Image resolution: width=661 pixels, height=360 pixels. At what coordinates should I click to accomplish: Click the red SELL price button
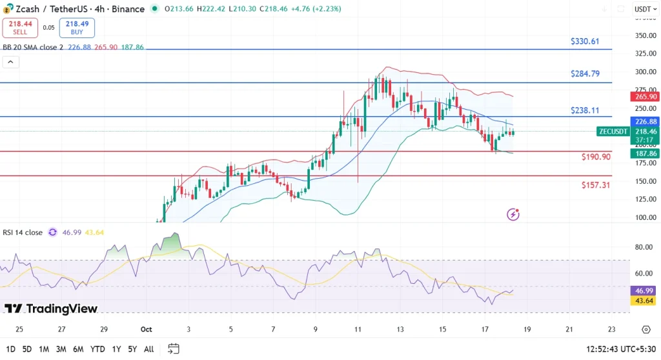click(20, 27)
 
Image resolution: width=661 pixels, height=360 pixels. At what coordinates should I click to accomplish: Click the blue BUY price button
click(77, 27)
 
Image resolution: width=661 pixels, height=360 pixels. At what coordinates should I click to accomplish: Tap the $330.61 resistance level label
click(585, 41)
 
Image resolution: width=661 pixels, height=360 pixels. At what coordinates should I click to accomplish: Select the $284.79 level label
click(585, 74)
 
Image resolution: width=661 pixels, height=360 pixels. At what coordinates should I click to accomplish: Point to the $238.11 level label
click(585, 110)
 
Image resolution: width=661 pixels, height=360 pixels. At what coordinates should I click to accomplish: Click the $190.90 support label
click(595, 157)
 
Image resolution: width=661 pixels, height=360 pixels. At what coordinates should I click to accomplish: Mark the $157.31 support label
click(595, 185)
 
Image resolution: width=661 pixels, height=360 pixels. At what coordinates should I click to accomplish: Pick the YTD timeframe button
click(97, 349)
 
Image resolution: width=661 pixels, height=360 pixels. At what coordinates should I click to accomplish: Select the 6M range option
click(78, 349)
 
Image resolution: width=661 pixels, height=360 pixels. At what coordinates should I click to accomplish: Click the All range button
click(148, 349)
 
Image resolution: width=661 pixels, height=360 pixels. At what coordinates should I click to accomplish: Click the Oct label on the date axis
click(146, 329)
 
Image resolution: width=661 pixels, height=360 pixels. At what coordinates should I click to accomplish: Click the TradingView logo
click(51, 308)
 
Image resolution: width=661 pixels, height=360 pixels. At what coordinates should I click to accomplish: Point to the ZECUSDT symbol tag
click(612, 132)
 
